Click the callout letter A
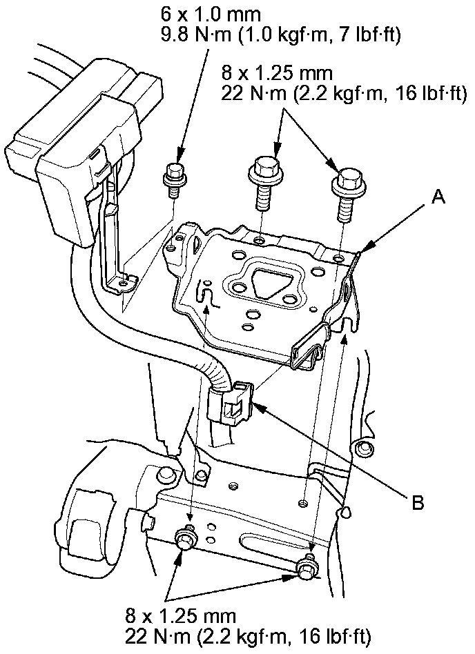[437, 199]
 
